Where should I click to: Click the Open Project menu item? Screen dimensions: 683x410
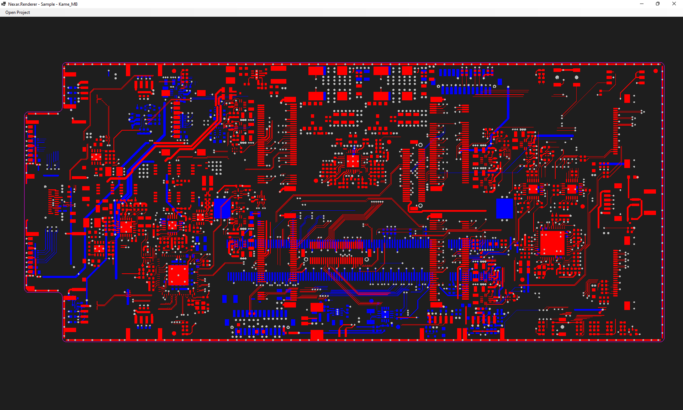click(17, 12)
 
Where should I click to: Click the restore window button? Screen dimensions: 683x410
click(657, 4)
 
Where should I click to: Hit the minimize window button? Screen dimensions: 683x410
click(641, 4)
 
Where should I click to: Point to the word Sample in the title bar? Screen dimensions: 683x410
click(48, 4)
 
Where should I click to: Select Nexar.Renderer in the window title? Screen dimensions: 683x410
click(22, 4)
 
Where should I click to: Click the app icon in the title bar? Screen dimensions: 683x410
click(4, 4)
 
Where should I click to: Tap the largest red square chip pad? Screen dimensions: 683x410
click(552, 243)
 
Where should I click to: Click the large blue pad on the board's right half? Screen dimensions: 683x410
click(504, 208)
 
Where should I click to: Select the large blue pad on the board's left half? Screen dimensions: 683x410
click(222, 208)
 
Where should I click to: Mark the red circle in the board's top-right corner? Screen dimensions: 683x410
click(656, 71)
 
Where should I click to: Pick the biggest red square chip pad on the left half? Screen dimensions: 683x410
click(178, 275)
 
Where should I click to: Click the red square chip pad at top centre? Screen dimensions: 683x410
click(353, 161)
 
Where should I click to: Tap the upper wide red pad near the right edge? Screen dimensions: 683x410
click(650, 191)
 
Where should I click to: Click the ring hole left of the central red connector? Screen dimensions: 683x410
click(306, 259)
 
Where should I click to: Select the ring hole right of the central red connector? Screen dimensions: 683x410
click(367, 259)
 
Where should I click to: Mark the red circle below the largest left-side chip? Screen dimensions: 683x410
click(174, 333)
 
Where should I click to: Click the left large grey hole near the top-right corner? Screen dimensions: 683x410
click(557, 77)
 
